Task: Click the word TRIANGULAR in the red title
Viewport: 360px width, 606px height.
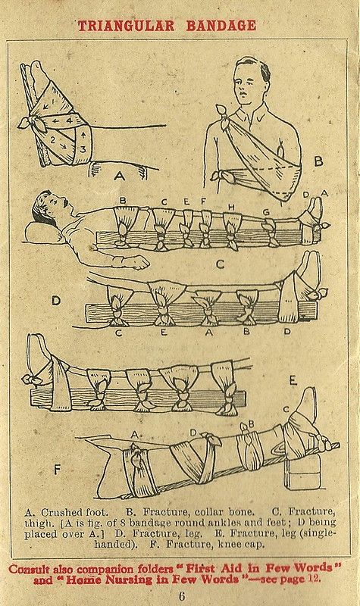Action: coord(126,26)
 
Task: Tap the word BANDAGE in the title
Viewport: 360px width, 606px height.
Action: coord(221,26)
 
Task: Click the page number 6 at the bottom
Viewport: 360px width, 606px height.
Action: coord(181,595)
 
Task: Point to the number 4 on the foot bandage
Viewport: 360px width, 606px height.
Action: coord(69,120)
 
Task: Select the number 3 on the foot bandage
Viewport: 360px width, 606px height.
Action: coord(83,148)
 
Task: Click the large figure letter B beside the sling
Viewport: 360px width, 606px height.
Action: coord(318,161)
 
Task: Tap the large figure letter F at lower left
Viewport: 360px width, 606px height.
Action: coord(58,470)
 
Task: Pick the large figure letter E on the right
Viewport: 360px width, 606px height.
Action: coord(293,381)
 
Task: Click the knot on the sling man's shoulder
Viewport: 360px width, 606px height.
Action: coord(224,113)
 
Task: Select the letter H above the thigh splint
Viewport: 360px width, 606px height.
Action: coord(231,208)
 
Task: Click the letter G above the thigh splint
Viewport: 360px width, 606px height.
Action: coord(266,212)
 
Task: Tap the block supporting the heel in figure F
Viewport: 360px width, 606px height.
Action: coord(301,472)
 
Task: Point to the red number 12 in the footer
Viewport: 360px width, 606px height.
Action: coord(314,579)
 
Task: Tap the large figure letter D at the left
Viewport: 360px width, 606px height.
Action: coord(56,301)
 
